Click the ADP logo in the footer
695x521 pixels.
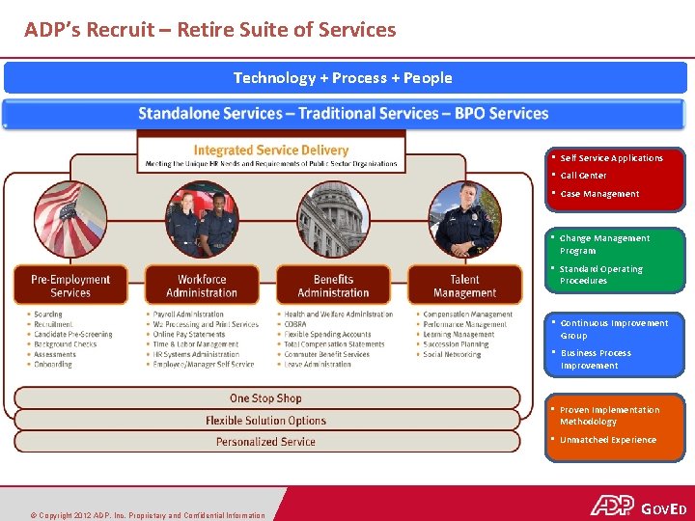coord(612,507)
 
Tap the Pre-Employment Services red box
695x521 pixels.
coord(69,286)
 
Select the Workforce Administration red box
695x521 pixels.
coord(201,286)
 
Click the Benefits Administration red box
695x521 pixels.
coord(333,286)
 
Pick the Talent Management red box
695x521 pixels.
coord(464,286)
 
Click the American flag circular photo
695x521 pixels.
coord(70,219)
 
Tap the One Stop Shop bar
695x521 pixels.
coord(265,398)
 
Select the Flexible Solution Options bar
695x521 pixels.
coord(265,421)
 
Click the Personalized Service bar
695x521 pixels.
coord(265,442)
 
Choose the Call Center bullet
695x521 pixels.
coord(583,176)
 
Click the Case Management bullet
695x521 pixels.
coord(598,194)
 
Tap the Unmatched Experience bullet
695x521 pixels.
coord(607,440)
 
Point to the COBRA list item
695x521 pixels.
coord(294,324)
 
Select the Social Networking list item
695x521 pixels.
coord(452,354)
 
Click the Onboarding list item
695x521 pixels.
coord(52,365)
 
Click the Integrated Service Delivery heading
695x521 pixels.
coord(271,151)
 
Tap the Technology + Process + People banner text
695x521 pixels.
coord(343,78)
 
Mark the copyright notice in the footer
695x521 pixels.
coord(146,515)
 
